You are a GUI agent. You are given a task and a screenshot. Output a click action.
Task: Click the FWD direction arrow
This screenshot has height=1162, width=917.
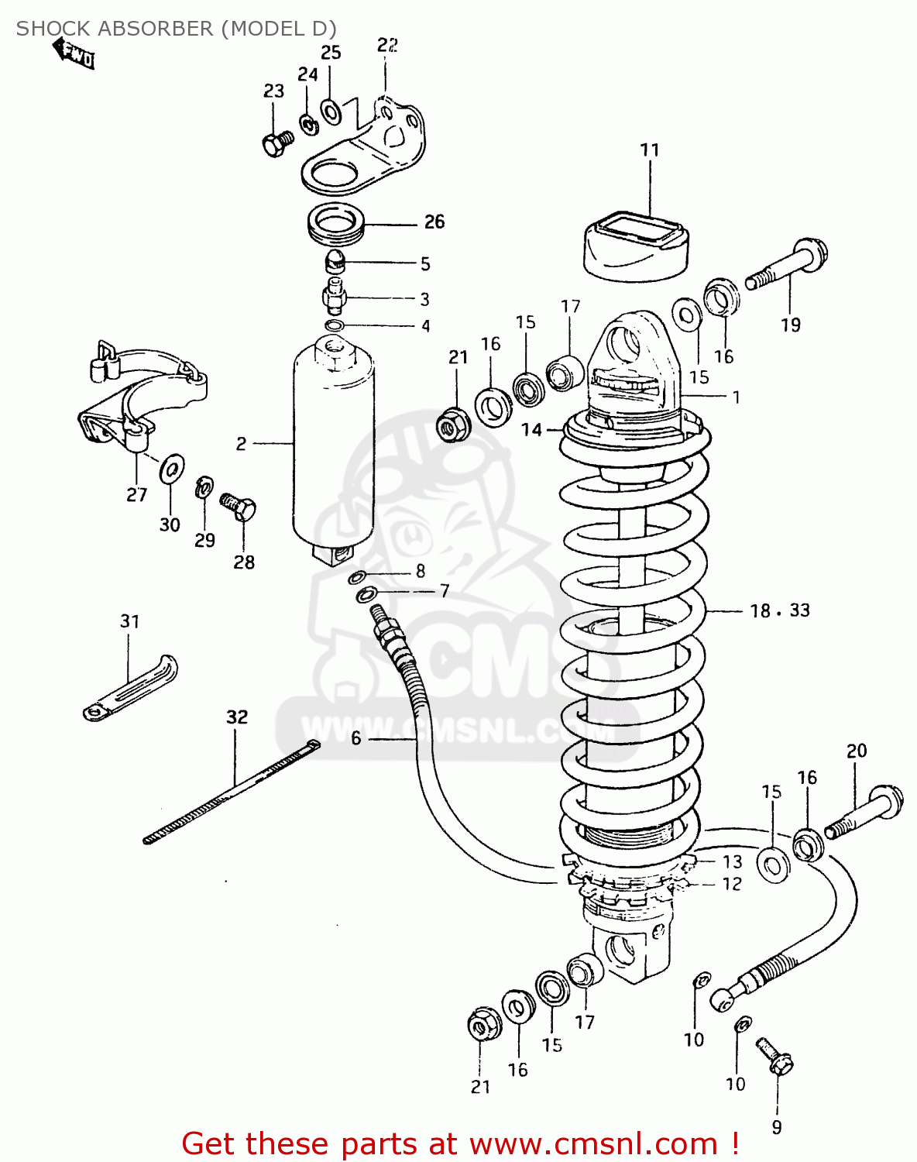[74, 55]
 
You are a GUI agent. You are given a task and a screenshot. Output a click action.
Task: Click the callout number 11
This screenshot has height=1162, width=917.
[649, 150]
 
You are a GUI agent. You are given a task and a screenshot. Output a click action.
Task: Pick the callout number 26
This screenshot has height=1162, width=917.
[434, 222]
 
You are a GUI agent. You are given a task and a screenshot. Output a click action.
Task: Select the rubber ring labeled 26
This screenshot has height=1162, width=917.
[337, 224]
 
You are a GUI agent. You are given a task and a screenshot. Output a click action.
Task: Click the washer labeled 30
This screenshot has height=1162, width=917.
[172, 469]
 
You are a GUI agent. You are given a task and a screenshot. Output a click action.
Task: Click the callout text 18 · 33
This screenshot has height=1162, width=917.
[779, 610]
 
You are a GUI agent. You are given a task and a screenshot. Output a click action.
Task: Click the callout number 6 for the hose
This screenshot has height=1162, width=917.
[355, 738]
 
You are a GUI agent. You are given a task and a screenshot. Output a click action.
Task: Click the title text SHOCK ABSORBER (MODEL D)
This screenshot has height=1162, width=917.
[177, 29]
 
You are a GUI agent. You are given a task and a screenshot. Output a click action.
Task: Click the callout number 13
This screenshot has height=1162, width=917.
[732, 861]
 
